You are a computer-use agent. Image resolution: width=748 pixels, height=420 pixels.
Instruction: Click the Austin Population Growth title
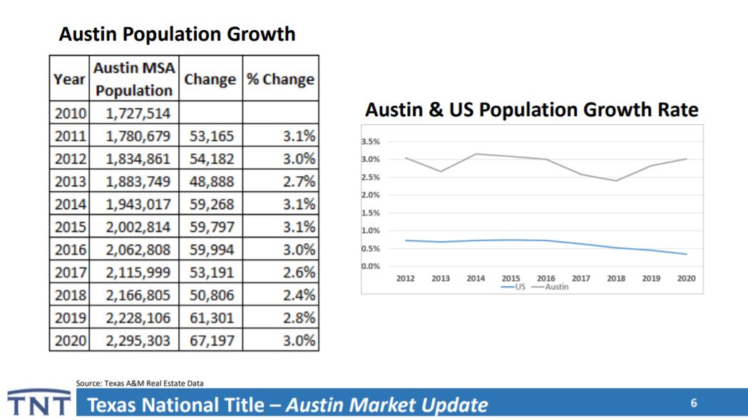(177, 34)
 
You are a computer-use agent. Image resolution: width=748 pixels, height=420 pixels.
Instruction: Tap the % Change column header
(280, 79)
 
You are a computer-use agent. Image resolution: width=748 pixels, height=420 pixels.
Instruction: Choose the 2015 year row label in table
(69, 227)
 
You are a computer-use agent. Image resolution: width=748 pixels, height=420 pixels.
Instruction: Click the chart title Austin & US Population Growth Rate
(531, 111)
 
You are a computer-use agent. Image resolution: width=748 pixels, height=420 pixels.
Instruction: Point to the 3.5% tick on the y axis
(370, 142)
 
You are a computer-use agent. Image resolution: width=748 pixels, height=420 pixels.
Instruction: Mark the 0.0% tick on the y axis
(370, 267)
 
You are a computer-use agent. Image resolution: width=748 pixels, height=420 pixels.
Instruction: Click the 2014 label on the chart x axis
(476, 279)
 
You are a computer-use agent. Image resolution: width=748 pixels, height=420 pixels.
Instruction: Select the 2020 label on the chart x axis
(685, 279)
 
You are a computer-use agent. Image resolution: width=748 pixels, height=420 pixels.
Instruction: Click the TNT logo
(39, 404)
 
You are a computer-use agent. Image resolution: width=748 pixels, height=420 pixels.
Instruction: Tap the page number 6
(693, 404)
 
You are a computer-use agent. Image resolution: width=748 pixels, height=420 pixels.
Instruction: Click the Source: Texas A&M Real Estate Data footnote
(139, 384)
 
